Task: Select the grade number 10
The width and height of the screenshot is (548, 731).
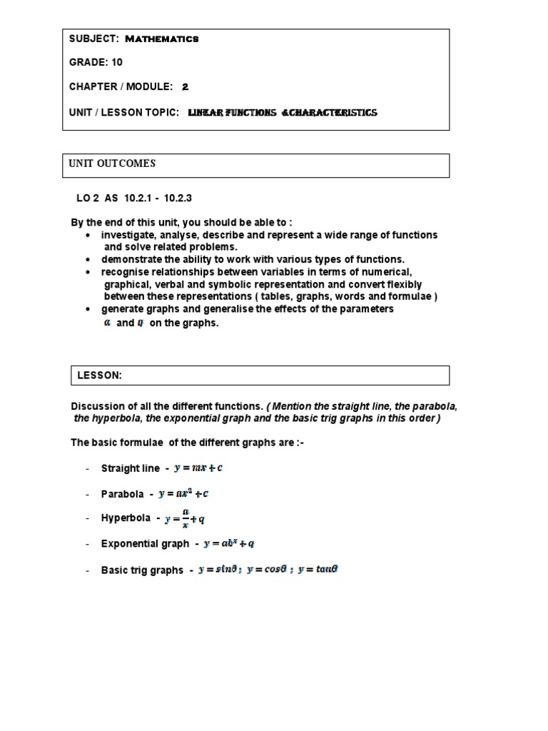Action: (116, 62)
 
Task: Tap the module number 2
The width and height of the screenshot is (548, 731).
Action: (185, 86)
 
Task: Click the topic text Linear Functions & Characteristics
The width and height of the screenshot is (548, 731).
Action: (282, 113)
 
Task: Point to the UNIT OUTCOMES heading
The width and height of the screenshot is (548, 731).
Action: (112, 163)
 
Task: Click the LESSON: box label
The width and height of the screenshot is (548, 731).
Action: (99, 375)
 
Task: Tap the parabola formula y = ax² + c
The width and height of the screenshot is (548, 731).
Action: (183, 493)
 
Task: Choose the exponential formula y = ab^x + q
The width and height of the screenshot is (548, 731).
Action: (229, 543)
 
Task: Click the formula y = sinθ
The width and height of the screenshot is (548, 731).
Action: (218, 570)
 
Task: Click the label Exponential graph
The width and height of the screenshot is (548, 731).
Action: (145, 544)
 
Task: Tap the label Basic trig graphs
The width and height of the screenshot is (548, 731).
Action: (142, 570)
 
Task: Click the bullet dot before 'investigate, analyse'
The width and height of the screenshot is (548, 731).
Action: (87, 236)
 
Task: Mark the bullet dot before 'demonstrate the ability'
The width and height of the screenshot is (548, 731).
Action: (87, 260)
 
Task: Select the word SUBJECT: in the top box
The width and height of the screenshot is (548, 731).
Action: (93, 39)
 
